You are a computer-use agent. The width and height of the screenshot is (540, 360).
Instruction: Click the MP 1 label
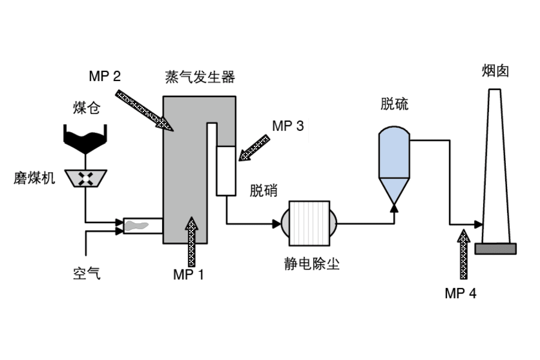[188, 275]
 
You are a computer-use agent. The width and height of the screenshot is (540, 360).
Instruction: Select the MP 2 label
[104, 76]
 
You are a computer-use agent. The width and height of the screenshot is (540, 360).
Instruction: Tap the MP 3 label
[288, 126]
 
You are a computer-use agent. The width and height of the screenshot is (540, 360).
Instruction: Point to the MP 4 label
[460, 293]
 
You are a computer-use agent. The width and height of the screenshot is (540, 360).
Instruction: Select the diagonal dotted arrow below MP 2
[144, 110]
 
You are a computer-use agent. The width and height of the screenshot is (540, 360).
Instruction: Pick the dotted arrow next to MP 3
[254, 148]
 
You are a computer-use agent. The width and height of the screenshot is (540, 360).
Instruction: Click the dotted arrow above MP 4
[464, 254]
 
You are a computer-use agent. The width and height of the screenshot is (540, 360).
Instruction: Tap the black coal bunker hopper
[85, 139]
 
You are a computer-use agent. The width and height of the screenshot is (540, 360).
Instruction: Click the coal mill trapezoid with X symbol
[85, 178]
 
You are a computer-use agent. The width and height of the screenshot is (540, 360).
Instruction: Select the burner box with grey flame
[143, 226]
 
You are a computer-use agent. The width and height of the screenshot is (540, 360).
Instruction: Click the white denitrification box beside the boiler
[226, 171]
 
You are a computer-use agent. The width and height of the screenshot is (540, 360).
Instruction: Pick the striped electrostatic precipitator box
[309, 224]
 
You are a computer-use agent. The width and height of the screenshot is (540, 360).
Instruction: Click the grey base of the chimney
[496, 249]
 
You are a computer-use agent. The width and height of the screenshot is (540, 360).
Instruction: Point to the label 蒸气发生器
[200, 77]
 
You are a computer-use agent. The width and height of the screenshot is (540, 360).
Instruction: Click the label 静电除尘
[311, 264]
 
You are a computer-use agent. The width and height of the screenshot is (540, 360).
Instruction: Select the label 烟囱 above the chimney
[495, 71]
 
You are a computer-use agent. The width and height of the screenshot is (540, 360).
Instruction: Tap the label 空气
[87, 274]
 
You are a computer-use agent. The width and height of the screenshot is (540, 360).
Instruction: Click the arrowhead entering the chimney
[479, 224]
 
